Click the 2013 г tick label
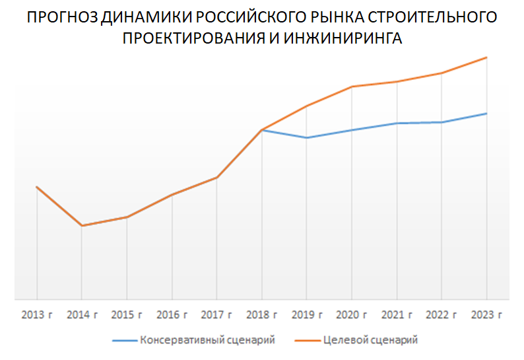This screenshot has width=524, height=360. pos(37,314)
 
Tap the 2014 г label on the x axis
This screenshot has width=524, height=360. pos(82,314)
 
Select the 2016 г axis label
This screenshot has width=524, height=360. pos(172,314)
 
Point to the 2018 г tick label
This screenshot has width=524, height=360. pos(262,314)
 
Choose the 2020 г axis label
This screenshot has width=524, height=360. pos(352,314)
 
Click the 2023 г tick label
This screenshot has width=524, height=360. pos(487,314)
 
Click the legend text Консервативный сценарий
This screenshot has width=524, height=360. pos(207,340)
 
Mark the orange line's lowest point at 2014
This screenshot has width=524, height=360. pos(82,226)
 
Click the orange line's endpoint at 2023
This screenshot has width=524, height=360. pos(487,57)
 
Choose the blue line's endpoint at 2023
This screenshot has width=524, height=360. pos(487,114)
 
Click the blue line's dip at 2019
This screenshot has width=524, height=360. pos(307,137)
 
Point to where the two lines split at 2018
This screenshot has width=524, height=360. pos(262,130)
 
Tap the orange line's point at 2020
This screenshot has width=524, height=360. pos(352,87)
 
